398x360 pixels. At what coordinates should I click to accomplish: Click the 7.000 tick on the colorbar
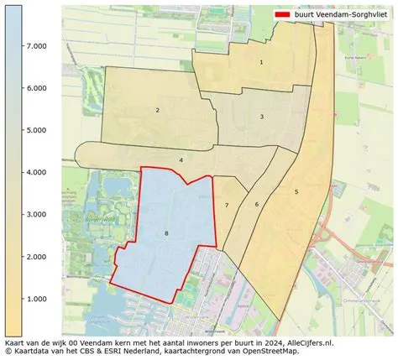click(35, 46)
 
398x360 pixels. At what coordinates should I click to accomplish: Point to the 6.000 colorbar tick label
click(35, 88)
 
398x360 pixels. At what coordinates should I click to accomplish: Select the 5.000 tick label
click(35, 130)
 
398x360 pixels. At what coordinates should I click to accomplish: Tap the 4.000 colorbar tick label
click(35, 172)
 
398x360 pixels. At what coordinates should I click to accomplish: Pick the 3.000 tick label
click(35, 215)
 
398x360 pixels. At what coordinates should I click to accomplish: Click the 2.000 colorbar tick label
click(35, 257)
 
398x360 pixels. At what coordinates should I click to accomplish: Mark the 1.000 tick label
click(35, 299)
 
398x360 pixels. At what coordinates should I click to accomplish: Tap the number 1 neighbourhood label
click(261, 62)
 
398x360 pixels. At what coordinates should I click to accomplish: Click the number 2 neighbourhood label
click(157, 110)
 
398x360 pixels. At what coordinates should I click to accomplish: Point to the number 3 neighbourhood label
click(262, 117)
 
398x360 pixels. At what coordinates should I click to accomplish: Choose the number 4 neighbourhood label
click(181, 159)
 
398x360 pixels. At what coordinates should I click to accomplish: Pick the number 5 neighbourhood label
click(296, 192)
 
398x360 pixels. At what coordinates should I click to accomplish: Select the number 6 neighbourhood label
click(257, 204)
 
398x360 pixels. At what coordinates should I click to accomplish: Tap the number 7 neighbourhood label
click(227, 206)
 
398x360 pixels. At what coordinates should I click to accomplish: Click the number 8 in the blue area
click(166, 232)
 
